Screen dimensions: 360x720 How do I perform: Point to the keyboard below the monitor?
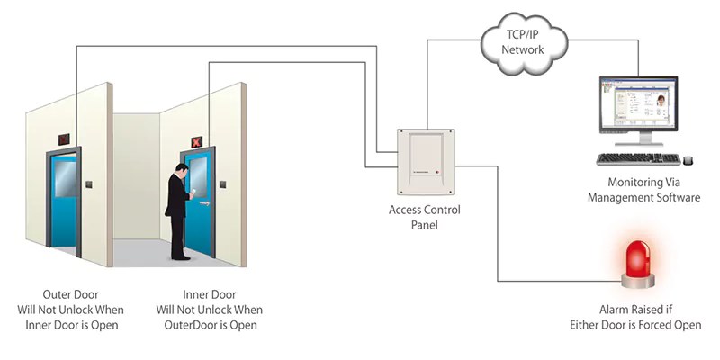639,158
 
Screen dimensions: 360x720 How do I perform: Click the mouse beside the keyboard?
688,160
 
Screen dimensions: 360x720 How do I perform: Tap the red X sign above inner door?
195,142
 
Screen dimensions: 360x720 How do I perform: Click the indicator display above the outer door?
64,139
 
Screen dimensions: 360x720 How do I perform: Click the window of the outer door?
66,175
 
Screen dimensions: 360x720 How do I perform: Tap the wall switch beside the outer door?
89,185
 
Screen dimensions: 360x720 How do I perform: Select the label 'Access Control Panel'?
424,217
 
